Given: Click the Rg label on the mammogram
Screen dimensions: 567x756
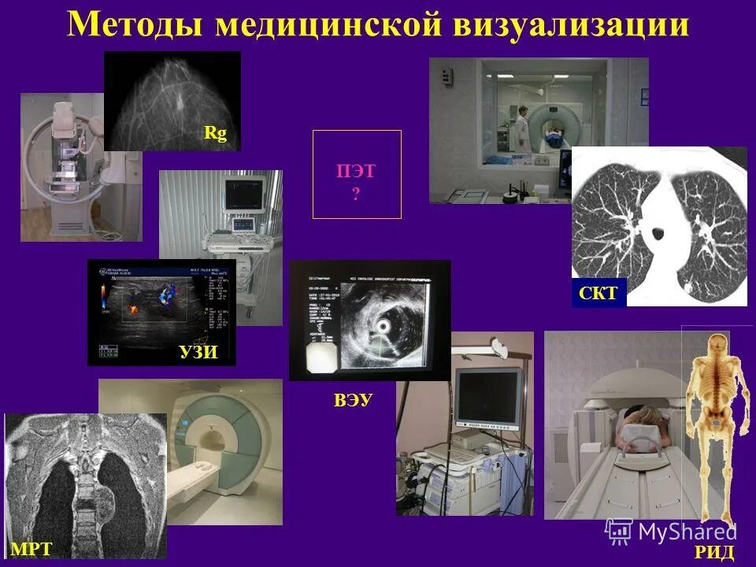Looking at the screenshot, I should click(x=215, y=133).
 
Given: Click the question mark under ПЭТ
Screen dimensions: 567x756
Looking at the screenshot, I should click(x=356, y=194).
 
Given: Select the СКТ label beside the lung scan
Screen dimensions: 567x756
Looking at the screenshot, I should click(x=599, y=295).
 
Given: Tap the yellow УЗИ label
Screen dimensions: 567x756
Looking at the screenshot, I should click(x=198, y=351).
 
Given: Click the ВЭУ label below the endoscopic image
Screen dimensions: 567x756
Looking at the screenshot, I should click(x=353, y=401).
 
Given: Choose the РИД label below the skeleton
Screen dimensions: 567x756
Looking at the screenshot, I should click(x=713, y=552).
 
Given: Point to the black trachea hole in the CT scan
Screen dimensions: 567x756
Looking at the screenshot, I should click(x=655, y=233).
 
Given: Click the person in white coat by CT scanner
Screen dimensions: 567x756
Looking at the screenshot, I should click(x=522, y=128).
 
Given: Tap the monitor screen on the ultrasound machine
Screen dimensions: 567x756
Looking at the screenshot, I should click(x=243, y=194).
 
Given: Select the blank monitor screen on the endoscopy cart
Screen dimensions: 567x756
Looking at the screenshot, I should click(x=489, y=398).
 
